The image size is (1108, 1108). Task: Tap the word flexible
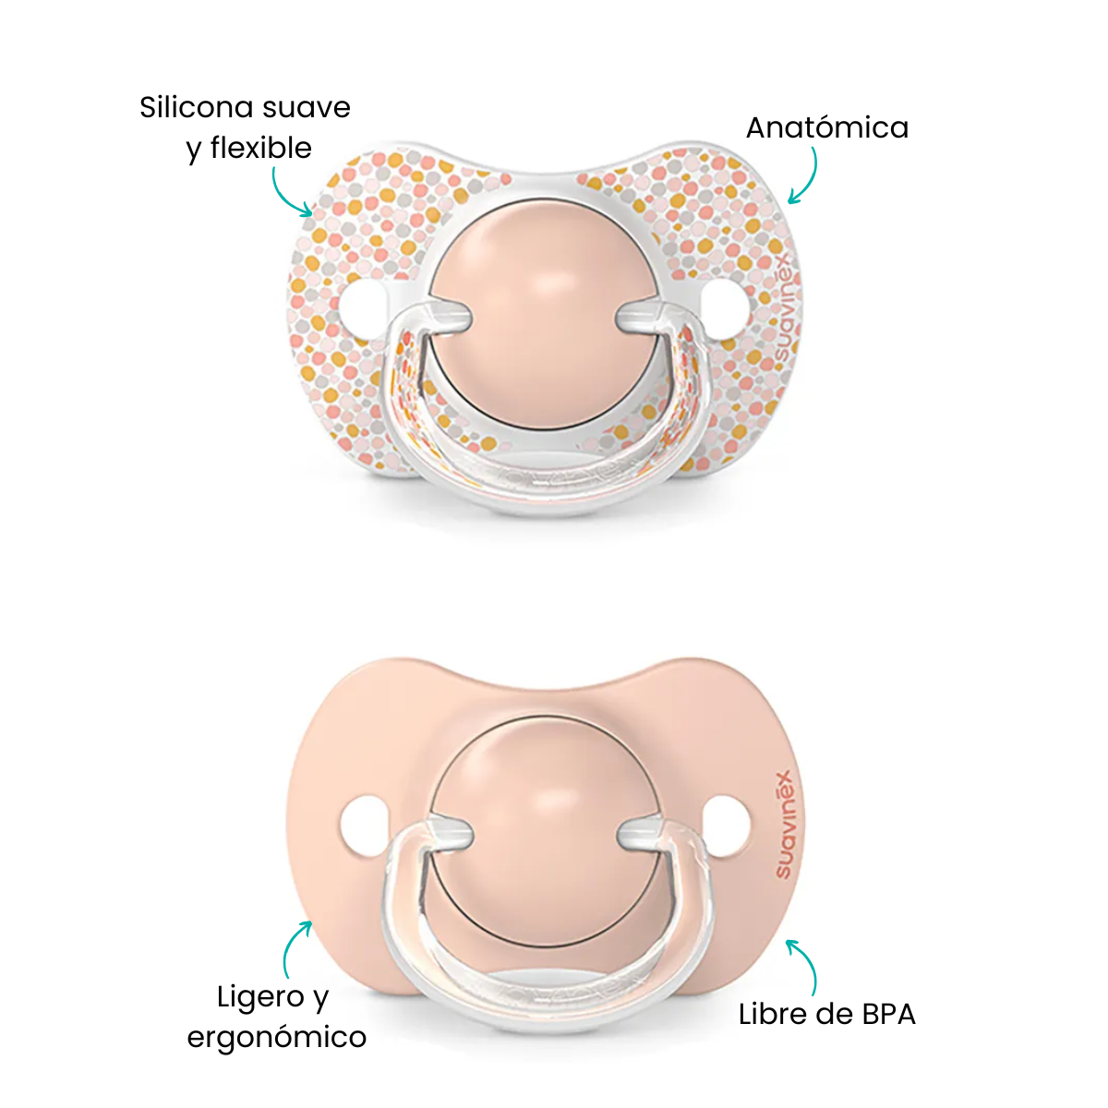point(261,148)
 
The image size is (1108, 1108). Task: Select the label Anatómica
point(826,127)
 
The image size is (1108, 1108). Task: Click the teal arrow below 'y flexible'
point(290,193)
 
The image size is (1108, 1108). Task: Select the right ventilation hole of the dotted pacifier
point(726,309)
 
